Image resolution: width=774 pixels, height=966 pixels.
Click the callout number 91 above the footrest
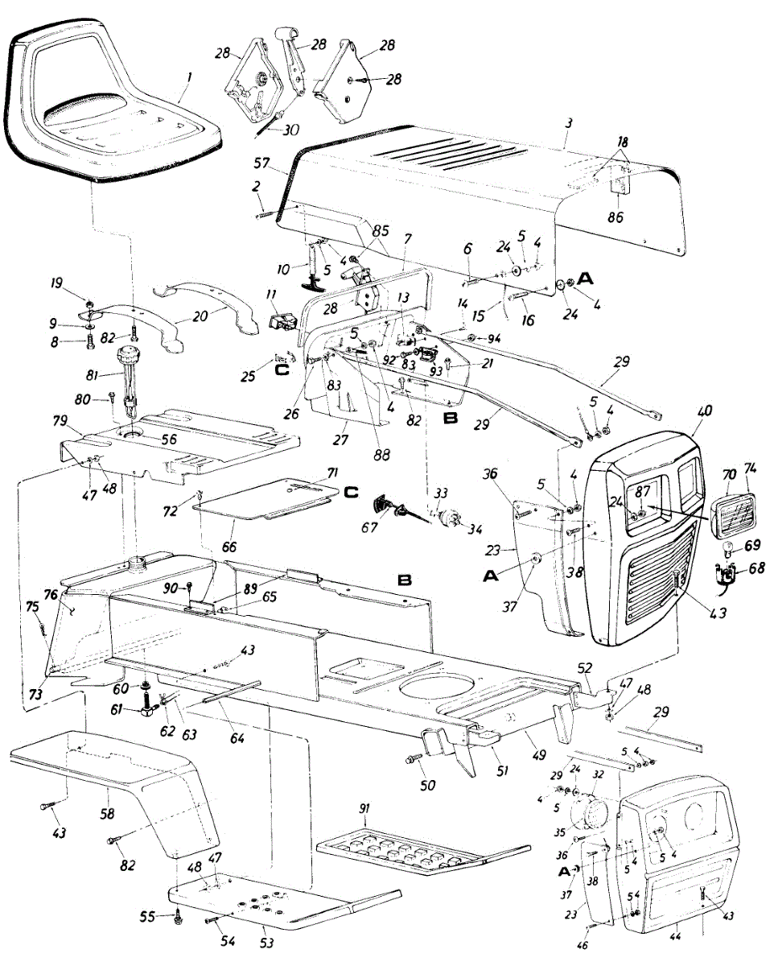(x=367, y=819)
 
